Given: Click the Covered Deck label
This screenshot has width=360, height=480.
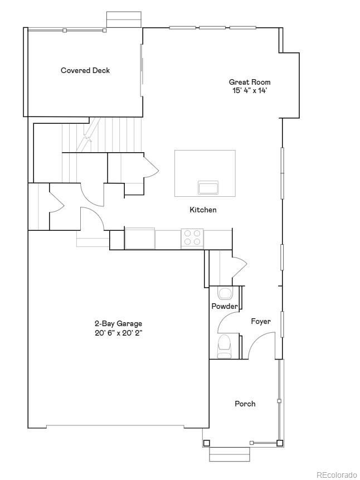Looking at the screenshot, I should pos(85,70).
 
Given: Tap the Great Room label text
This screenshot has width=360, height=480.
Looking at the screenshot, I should pos(250,82).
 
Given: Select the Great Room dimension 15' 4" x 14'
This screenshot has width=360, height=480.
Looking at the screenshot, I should pos(250,90).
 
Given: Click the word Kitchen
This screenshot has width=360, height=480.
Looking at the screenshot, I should pos(203,210).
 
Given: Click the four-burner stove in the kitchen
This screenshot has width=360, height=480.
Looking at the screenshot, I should pos(192,238).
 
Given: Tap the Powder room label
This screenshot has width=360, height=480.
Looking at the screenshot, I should pos(225,306).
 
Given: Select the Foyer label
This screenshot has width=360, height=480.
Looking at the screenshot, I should pos(260,321).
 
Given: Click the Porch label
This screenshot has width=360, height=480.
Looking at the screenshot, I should pos(245,404).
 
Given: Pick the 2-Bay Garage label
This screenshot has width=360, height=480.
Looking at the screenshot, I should pos(118,323).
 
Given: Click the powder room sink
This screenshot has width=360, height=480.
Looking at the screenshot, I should pos(226,293).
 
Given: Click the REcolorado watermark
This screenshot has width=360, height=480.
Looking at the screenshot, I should pos(337,474).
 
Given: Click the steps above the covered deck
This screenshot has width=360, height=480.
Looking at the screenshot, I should pos(118,19).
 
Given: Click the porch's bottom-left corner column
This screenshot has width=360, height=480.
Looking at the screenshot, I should pos(207,443).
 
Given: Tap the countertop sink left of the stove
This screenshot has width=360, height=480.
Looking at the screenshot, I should pos(140,238).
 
